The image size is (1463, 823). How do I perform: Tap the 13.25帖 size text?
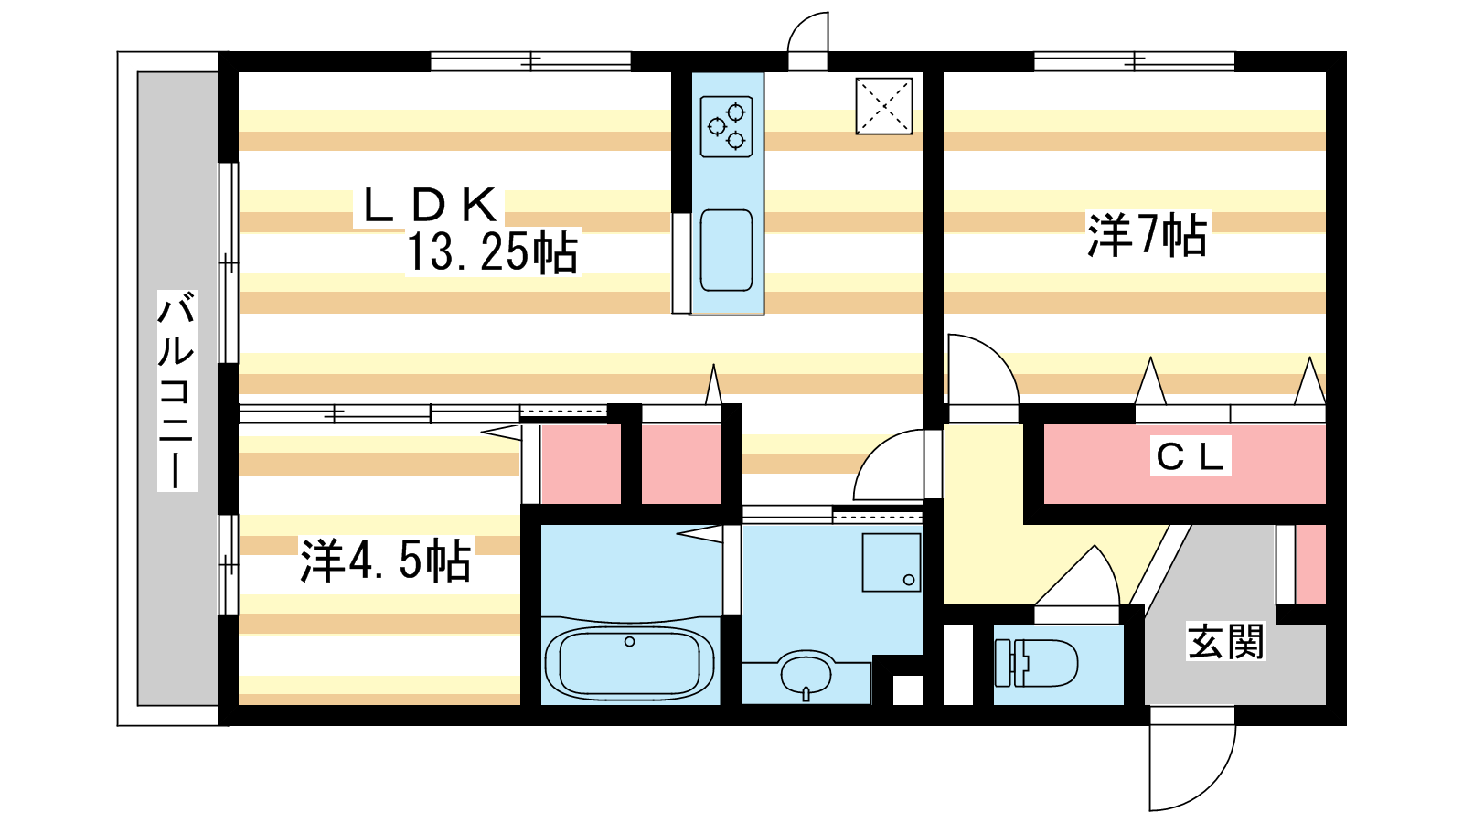point(493,252)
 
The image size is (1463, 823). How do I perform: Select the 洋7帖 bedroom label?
point(1147,235)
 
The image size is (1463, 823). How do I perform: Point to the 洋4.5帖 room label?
point(385,561)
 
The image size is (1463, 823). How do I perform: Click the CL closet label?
point(1190,457)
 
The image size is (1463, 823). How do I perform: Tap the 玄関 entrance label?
point(1226,641)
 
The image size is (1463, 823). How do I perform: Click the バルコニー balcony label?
point(176,390)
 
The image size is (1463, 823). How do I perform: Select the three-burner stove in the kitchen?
point(726,127)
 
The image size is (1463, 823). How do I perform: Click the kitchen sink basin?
point(726,251)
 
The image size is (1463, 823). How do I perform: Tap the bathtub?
point(630,662)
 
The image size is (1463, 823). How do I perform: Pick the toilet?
point(1036,663)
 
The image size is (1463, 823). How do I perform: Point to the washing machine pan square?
point(892,562)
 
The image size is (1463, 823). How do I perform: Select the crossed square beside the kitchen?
point(883,106)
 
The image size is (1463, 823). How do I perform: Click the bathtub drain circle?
point(630,642)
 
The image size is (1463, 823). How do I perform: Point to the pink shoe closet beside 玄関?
point(1311,564)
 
